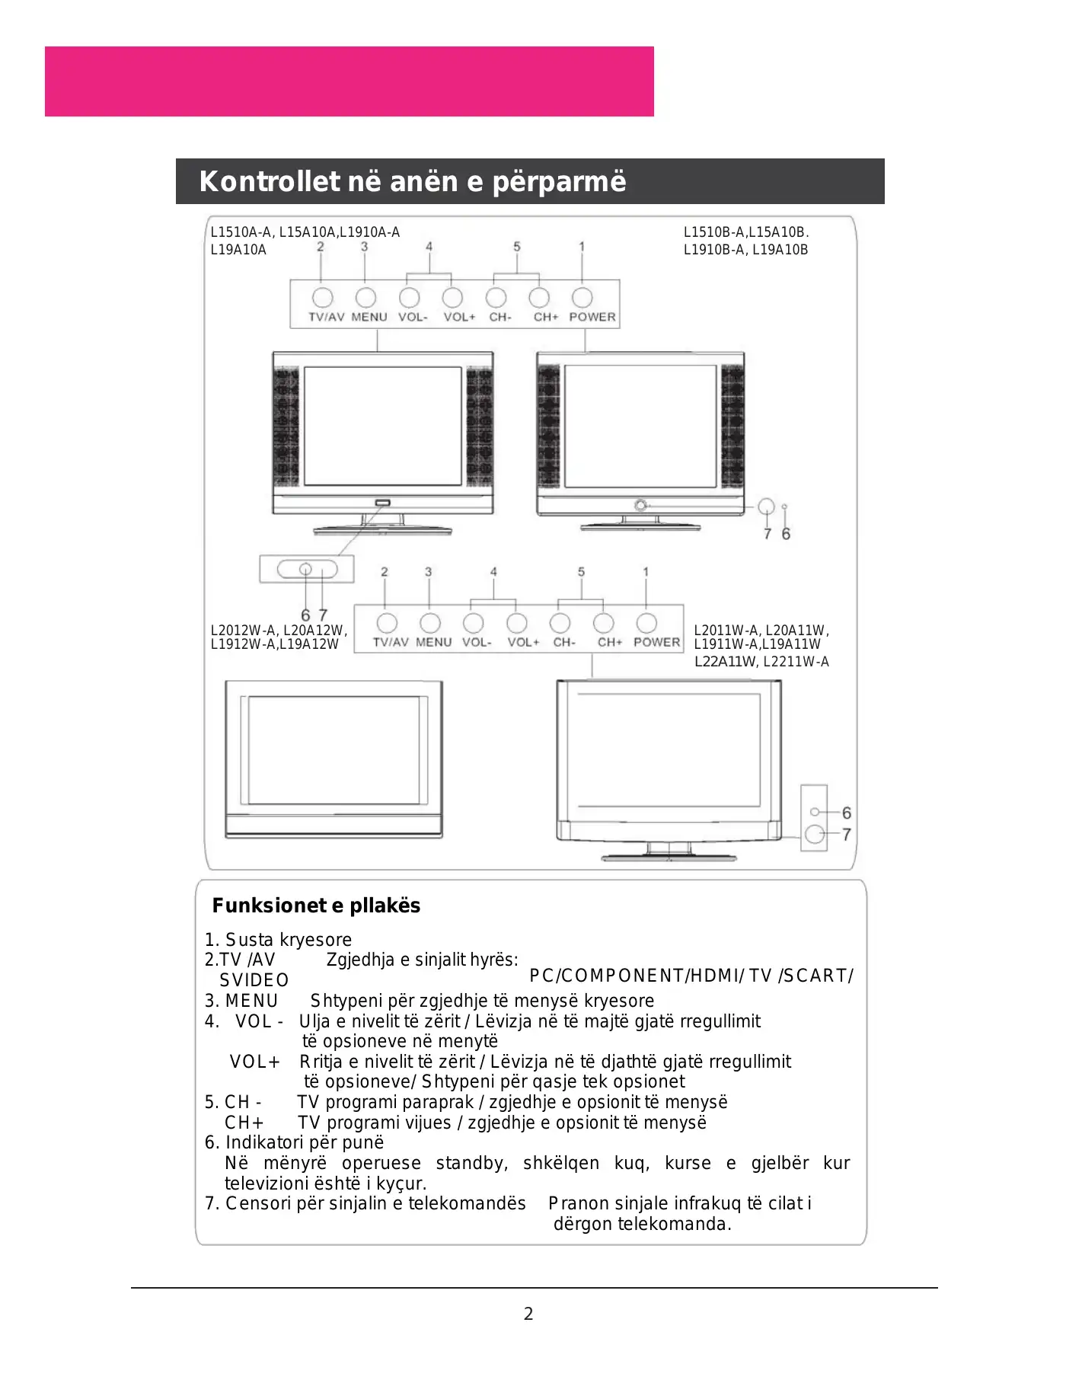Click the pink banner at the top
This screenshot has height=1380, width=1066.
pos(349,81)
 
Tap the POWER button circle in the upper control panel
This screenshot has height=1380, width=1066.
pos(582,297)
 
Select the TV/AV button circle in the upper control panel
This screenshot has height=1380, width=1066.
pos(322,297)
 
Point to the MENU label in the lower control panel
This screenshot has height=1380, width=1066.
pos(434,642)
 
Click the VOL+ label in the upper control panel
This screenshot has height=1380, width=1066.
pos(459,317)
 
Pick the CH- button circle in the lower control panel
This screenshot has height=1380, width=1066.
pos(560,623)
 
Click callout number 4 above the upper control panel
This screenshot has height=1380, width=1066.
pos(429,247)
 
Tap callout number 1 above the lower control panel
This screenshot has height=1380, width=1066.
pos(646,571)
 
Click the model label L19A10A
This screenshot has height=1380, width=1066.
pos(238,250)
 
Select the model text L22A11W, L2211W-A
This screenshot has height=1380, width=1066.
pos(761,662)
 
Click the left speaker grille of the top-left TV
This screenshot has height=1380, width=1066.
pos(286,427)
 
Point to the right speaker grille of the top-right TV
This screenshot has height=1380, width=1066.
pos(732,427)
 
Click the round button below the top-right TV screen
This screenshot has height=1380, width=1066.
pos(640,505)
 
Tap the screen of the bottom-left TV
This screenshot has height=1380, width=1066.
pos(334,750)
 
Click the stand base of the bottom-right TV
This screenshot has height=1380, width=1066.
pos(669,858)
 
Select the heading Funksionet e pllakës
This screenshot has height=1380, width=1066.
pos(316,906)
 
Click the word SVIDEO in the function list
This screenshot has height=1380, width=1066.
pos(254,980)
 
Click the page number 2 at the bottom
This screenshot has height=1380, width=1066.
pos(528,1314)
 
